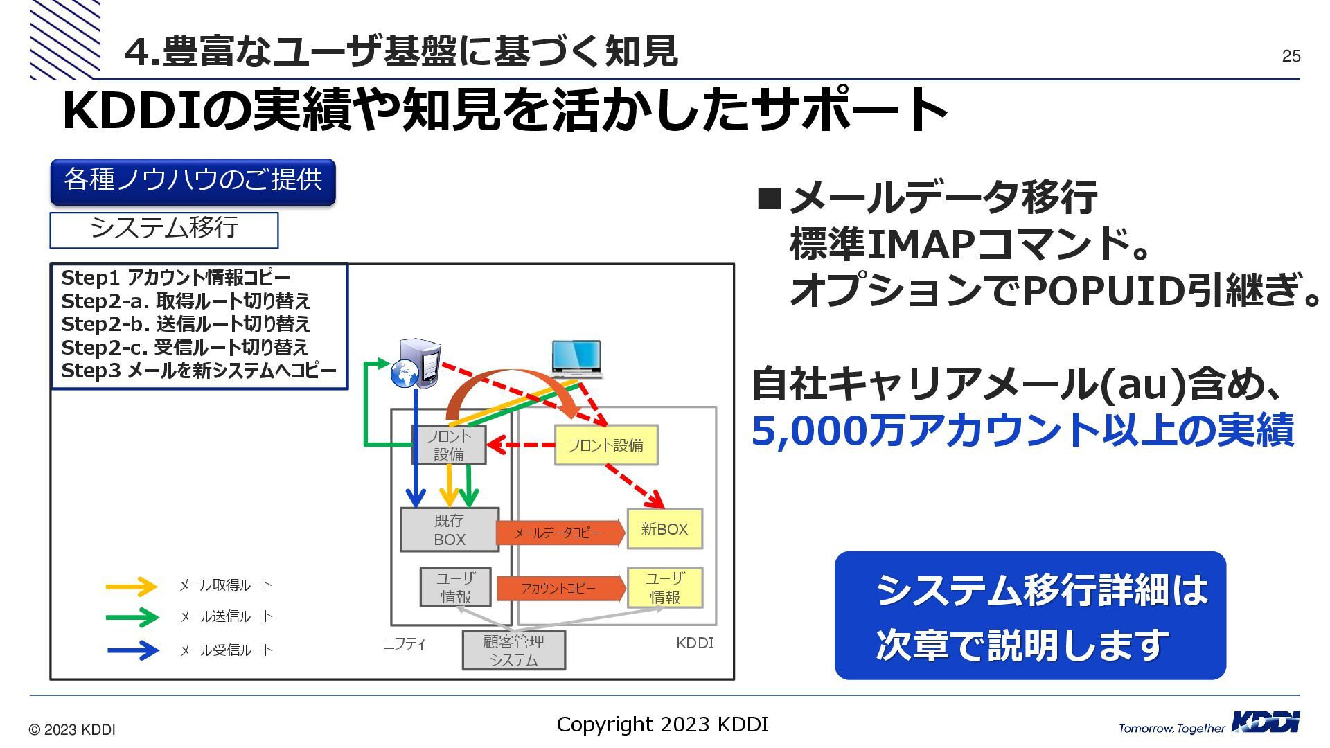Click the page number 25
click(1291, 56)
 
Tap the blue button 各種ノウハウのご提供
click(193, 181)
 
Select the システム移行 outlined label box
click(164, 230)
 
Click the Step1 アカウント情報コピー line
click(176, 278)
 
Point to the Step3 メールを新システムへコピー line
click(199, 371)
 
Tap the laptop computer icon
click(576, 359)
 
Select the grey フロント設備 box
click(449, 445)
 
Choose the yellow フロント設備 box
click(606, 445)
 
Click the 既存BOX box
click(449, 530)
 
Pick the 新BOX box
click(664, 529)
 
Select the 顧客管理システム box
click(513, 650)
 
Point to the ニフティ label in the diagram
click(405, 644)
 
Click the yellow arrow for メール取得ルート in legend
click(132, 587)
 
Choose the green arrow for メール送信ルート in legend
click(132, 617)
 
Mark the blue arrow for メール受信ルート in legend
click(133, 650)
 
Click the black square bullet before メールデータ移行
click(769, 199)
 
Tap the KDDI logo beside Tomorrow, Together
click(1266, 722)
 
